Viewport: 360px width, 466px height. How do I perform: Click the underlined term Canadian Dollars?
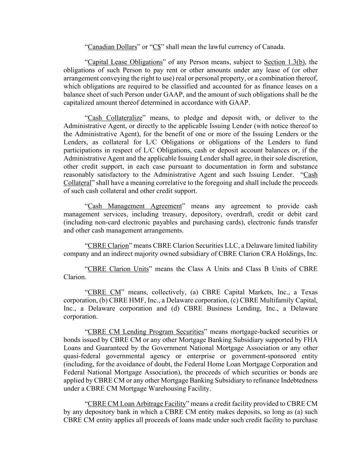tap(112, 47)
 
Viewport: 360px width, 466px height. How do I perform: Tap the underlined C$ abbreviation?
tap(157, 47)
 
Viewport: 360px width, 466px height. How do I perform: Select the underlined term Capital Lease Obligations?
tap(125, 62)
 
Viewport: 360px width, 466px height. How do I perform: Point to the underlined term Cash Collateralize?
tap(115, 118)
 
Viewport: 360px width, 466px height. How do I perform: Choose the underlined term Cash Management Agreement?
tap(135, 206)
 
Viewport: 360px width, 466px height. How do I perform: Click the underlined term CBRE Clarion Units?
tap(118, 269)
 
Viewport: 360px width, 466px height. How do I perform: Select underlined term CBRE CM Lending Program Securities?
tap(146, 332)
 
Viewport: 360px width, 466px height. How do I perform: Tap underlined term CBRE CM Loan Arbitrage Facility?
tap(137, 404)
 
